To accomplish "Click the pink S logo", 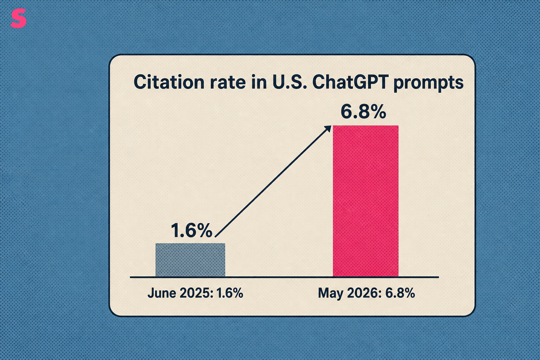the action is point(18,18).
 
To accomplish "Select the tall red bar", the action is point(365,201).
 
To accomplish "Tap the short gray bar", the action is point(190,260).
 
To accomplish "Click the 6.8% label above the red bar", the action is point(363,112).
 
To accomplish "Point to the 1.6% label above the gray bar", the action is point(192,230).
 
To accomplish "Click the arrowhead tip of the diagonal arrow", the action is point(331,126).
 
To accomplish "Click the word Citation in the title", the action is point(169,82).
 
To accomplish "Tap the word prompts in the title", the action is point(428,83).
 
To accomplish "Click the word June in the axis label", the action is point(162,293).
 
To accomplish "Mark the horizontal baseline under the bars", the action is point(284,277).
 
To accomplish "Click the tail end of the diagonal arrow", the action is point(215,237).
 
